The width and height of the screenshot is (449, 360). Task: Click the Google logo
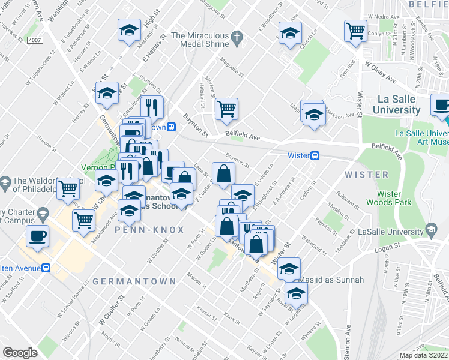(x=20, y=353)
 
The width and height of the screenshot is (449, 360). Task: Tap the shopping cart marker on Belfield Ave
(x=226, y=109)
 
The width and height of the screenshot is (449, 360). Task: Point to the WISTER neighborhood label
(x=367, y=175)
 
